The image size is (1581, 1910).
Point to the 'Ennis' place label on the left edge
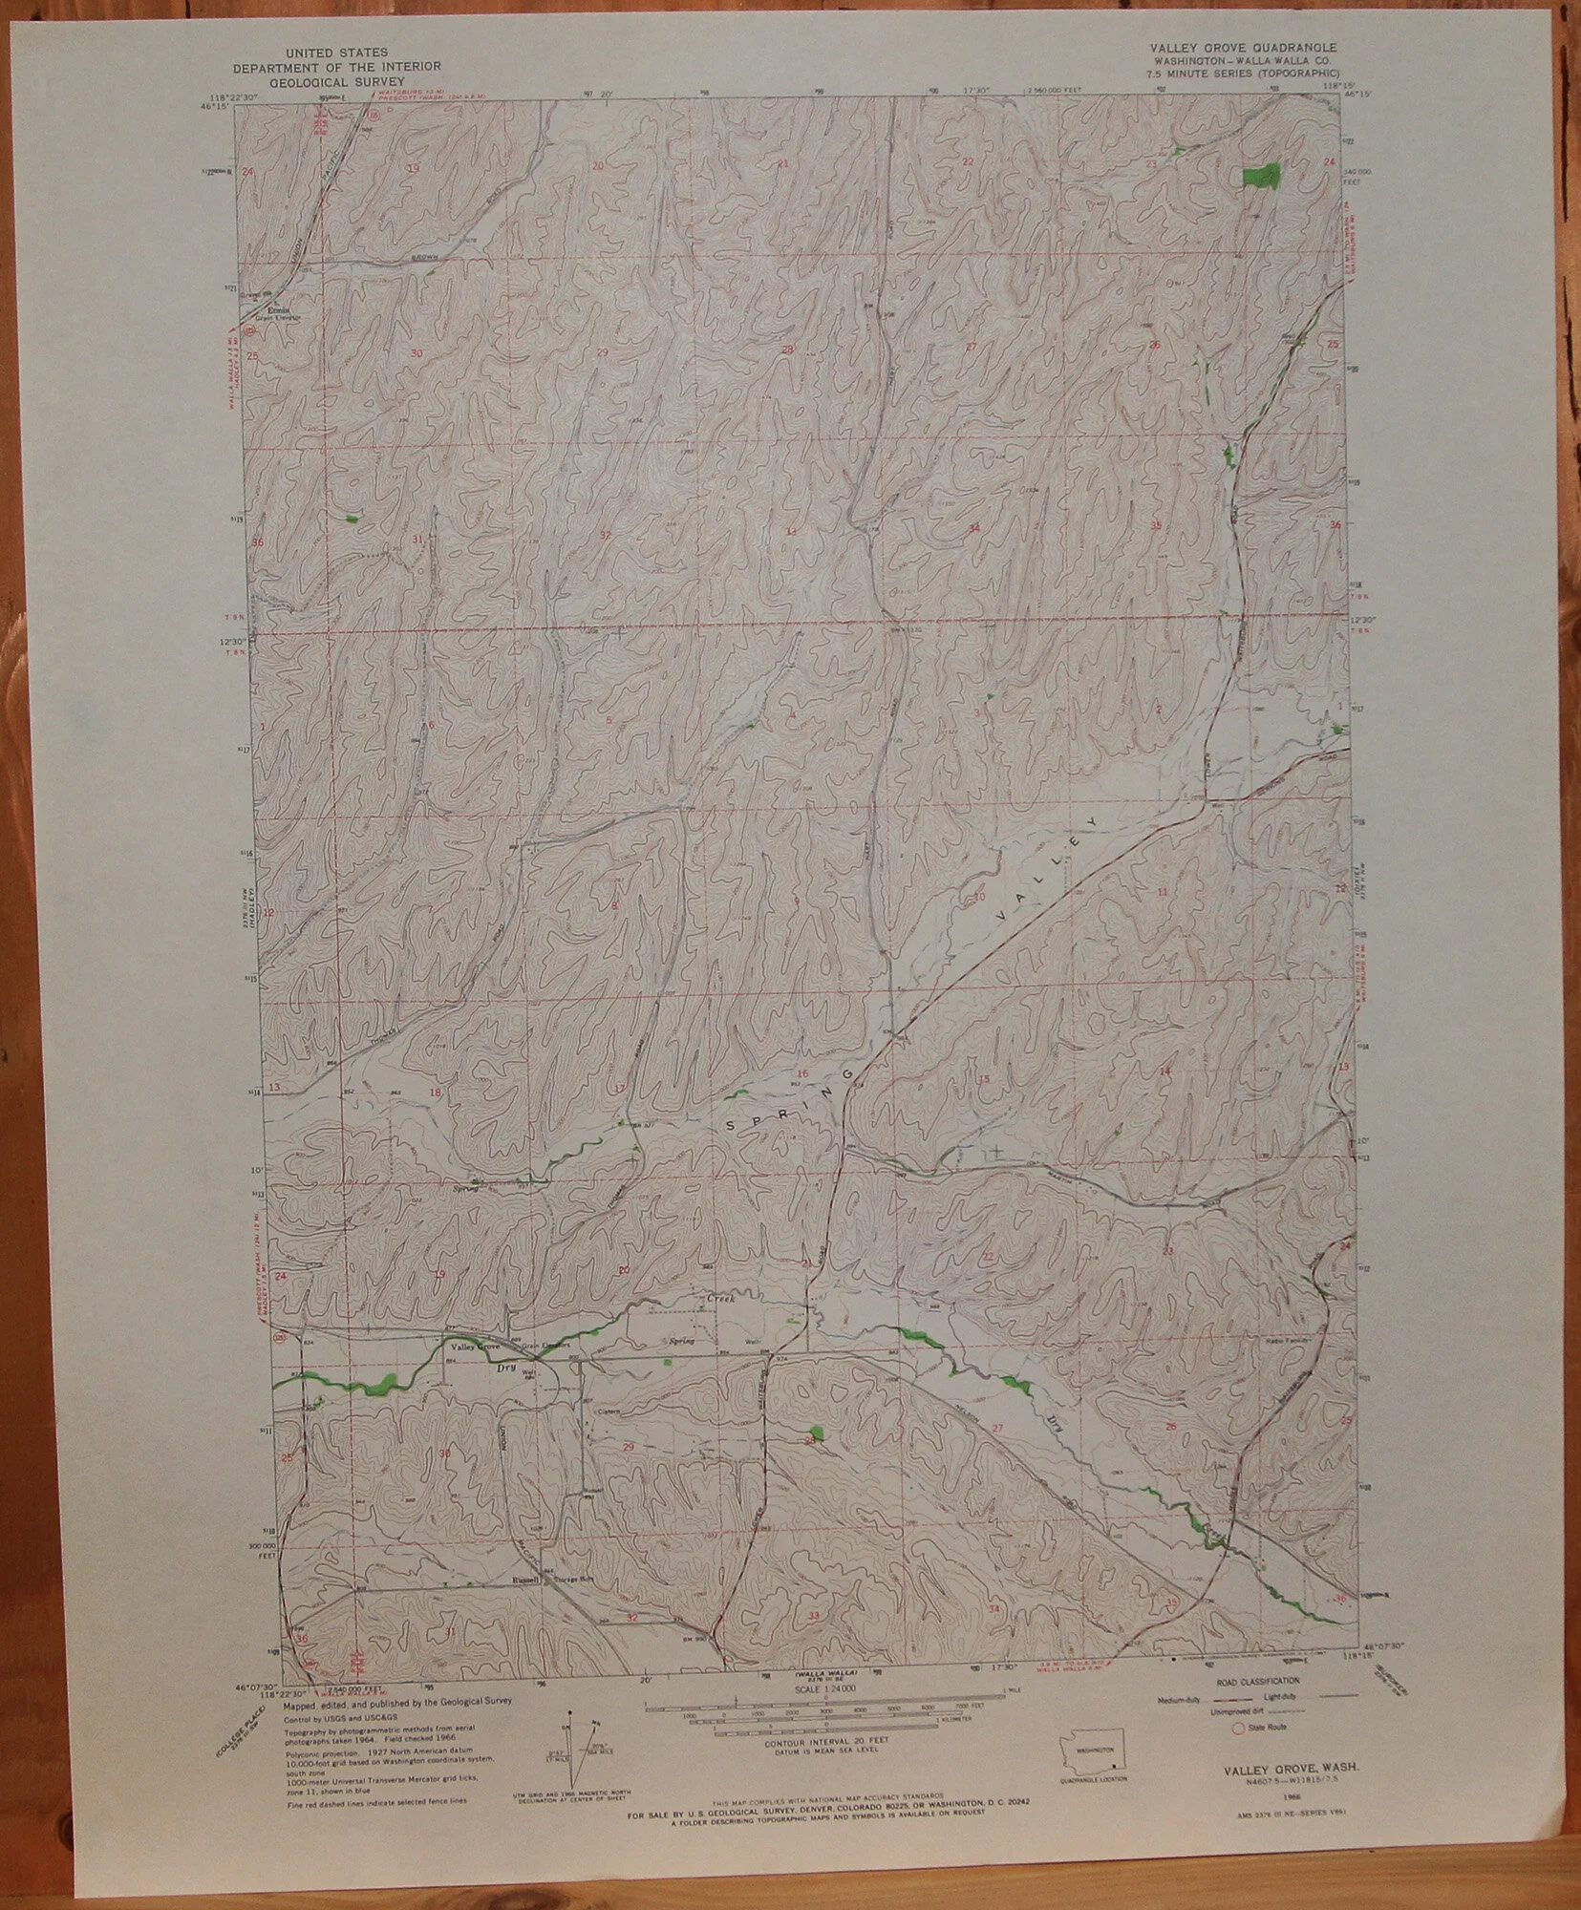278,310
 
